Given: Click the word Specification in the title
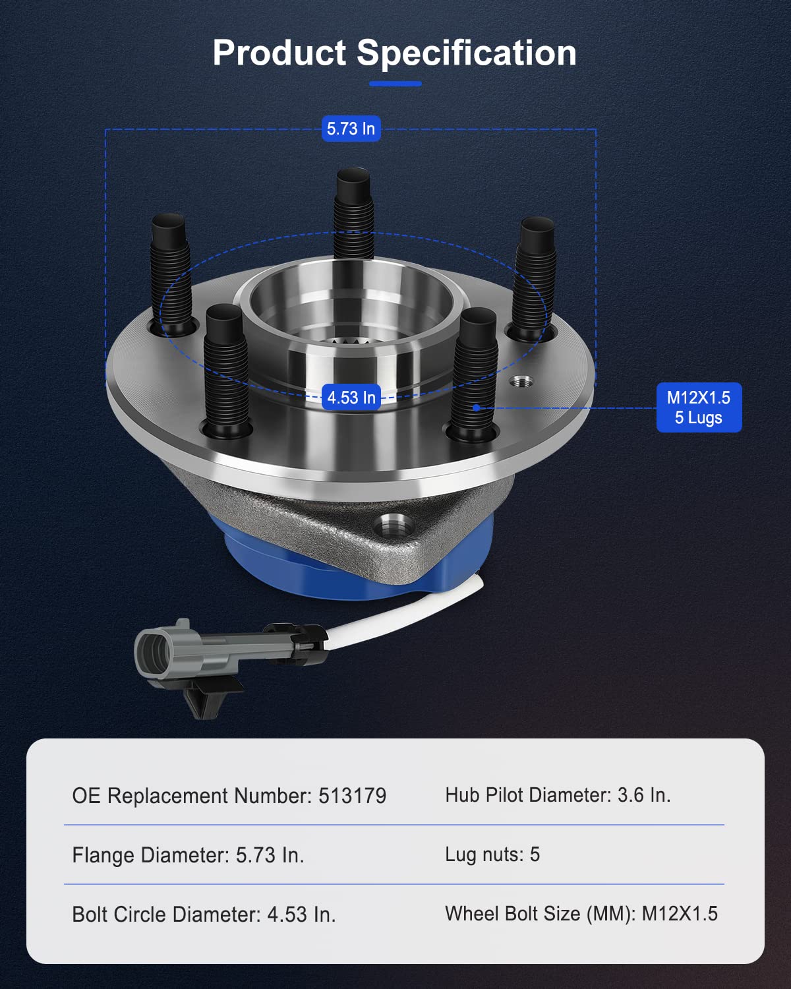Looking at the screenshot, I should coord(466,54).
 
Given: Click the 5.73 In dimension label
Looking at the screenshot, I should coord(351,129).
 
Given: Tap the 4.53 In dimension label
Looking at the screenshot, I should coord(351,398).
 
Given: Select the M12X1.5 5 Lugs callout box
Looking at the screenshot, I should coord(699,407).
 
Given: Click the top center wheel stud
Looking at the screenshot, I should coord(354,211).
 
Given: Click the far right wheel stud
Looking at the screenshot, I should coord(535,277).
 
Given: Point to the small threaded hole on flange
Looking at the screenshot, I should coord(522,382).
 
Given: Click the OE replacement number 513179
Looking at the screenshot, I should coord(353,796).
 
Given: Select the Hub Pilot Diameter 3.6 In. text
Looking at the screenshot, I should coord(558,795).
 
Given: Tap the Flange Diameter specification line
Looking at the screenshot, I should coord(188,855).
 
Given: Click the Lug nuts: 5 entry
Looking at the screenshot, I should coord(492,854).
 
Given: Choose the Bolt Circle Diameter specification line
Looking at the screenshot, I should coord(204,914).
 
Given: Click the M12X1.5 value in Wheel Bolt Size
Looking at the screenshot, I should coord(680,914).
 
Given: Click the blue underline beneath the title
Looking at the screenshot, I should coord(395,84).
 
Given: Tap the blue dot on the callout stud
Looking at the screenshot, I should coord(476,408).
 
